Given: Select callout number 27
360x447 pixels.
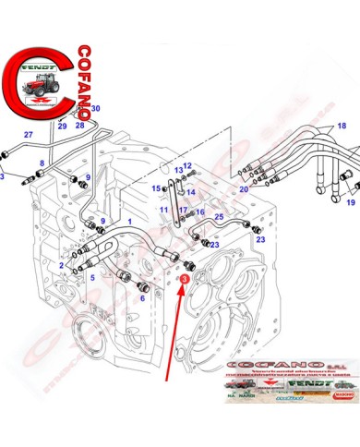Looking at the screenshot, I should tap(29, 135).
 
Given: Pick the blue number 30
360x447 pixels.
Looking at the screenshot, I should tap(95, 109).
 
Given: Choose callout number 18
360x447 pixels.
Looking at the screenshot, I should tap(342, 126).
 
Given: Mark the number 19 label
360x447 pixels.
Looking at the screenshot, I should tap(351, 201).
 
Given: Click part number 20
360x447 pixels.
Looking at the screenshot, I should tap(244, 189).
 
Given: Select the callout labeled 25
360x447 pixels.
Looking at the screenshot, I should tap(220, 216).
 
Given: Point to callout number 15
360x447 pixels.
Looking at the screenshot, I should tap(157, 187).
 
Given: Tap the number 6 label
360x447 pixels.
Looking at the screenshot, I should tap(143, 298).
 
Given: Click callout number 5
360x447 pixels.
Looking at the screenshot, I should tap(92, 276).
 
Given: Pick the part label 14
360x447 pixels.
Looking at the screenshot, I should tap(192, 192).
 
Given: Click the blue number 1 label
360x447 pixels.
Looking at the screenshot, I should tap(130, 223).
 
